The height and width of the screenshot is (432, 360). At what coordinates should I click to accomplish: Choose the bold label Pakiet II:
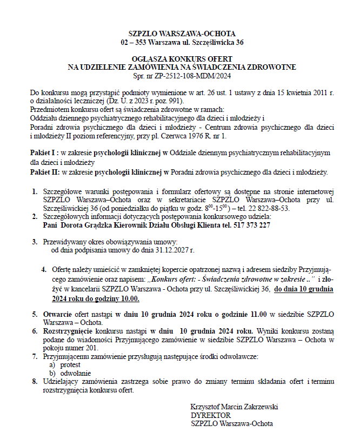click(x=44, y=172)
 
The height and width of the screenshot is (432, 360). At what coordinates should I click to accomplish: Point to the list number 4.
click(x=44, y=269)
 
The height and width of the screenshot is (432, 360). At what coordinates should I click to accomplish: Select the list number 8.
click(x=34, y=381)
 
